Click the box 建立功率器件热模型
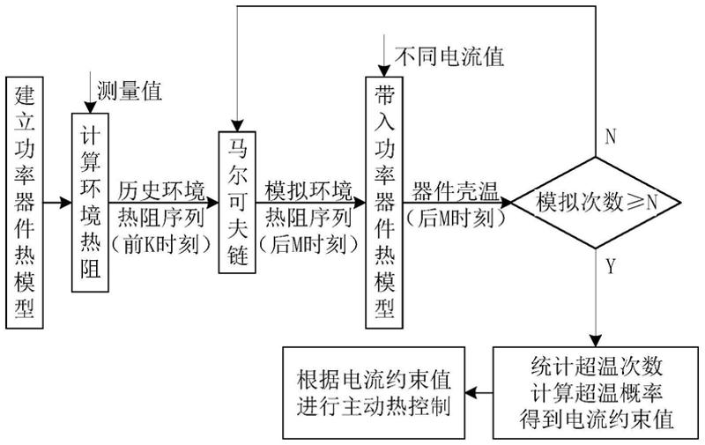pyautogui.click(x=25, y=203)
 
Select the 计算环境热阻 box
pyautogui.click(x=91, y=203)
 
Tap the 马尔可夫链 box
pyautogui.click(x=237, y=203)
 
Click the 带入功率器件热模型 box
pyautogui.click(x=384, y=203)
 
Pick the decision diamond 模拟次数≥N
pyautogui.click(x=596, y=203)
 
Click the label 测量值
pyautogui.click(x=130, y=92)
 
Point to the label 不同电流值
pyautogui.click(x=449, y=56)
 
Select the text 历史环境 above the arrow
pyautogui.click(x=162, y=191)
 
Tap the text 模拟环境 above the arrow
pyautogui.click(x=309, y=191)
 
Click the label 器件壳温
pyautogui.click(x=456, y=192)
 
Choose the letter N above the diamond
pyautogui.click(x=610, y=137)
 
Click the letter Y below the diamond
pyautogui.click(x=610, y=266)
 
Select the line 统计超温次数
pyautogui.click(x=597, y=367)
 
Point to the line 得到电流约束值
pyautogui.click(x=597, y=419)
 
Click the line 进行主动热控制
pyautogui.click(x=374, y=406)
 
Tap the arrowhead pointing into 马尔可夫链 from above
pyautogui.click(x=237, y=126)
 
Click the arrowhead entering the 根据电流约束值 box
pyautogui.click(x=471, y=393)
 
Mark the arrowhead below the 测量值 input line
pyautogui.click(x=91, y=108)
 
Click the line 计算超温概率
pyautogui.click(x=597, y=393)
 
